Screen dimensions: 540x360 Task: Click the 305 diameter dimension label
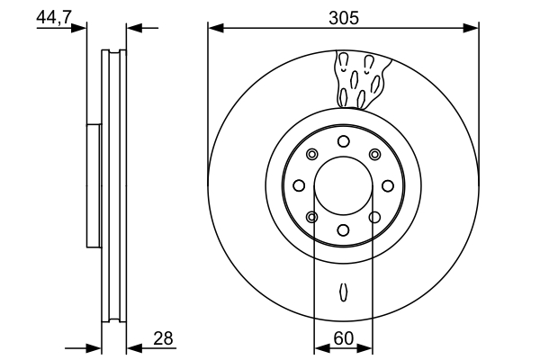point(344,18)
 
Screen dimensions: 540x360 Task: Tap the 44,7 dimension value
point(53,17)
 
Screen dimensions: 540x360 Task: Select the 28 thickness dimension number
point(163,338)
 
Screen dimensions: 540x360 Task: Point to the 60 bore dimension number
point(344,338)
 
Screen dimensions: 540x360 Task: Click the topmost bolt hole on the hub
point(344,141)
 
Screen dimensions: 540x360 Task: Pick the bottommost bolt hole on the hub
point(344,230)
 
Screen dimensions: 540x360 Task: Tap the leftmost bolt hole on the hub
point(299,185)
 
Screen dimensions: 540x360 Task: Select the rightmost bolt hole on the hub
point(388,185)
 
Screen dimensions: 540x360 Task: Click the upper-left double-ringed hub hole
point(312,154)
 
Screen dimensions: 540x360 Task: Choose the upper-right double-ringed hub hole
point(374,154)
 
